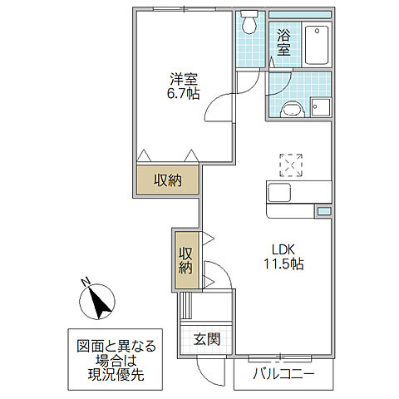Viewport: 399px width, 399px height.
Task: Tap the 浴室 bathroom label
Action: [x=284, y=42]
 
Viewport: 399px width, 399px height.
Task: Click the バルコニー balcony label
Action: [x=284, y=375]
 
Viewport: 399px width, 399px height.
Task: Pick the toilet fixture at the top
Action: [x=248, y=23]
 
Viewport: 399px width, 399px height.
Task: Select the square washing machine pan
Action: [x=321, y=107]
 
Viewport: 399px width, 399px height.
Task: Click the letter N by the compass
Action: [x=86, y=283]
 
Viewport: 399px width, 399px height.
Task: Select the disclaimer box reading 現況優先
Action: [x=111, y=360]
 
